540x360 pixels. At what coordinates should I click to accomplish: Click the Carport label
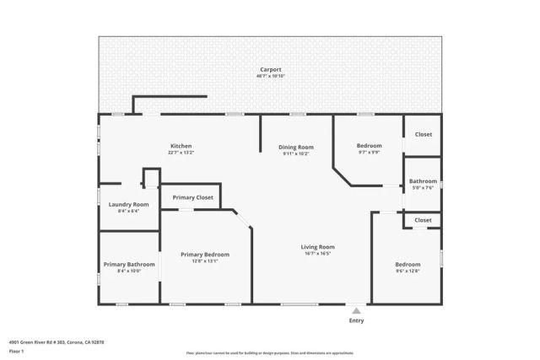coord(270,69)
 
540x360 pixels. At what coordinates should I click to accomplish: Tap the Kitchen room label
coord(181,146)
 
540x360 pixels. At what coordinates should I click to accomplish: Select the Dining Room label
coord(295,148)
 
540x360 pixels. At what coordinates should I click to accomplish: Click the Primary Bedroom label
coord(205,255)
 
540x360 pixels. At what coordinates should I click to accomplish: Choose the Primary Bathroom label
coord(129,265)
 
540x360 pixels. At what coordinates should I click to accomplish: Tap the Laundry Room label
coord(129,205)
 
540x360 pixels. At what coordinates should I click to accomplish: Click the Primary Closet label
coord(192,197)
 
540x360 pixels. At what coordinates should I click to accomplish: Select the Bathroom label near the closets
coord(423,181)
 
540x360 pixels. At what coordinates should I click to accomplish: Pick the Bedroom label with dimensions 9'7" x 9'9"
coord(369,146)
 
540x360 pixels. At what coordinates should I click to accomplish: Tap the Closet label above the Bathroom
coord(423,134)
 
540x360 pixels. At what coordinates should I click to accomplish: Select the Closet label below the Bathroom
coord(423,220)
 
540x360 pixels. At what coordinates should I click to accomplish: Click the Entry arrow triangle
coord(356,310)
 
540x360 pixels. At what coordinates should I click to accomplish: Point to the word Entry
coord(356,320)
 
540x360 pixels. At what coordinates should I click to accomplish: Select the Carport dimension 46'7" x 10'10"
coord(270,76)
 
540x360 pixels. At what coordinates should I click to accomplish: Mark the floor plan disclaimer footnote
coord(270,352)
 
